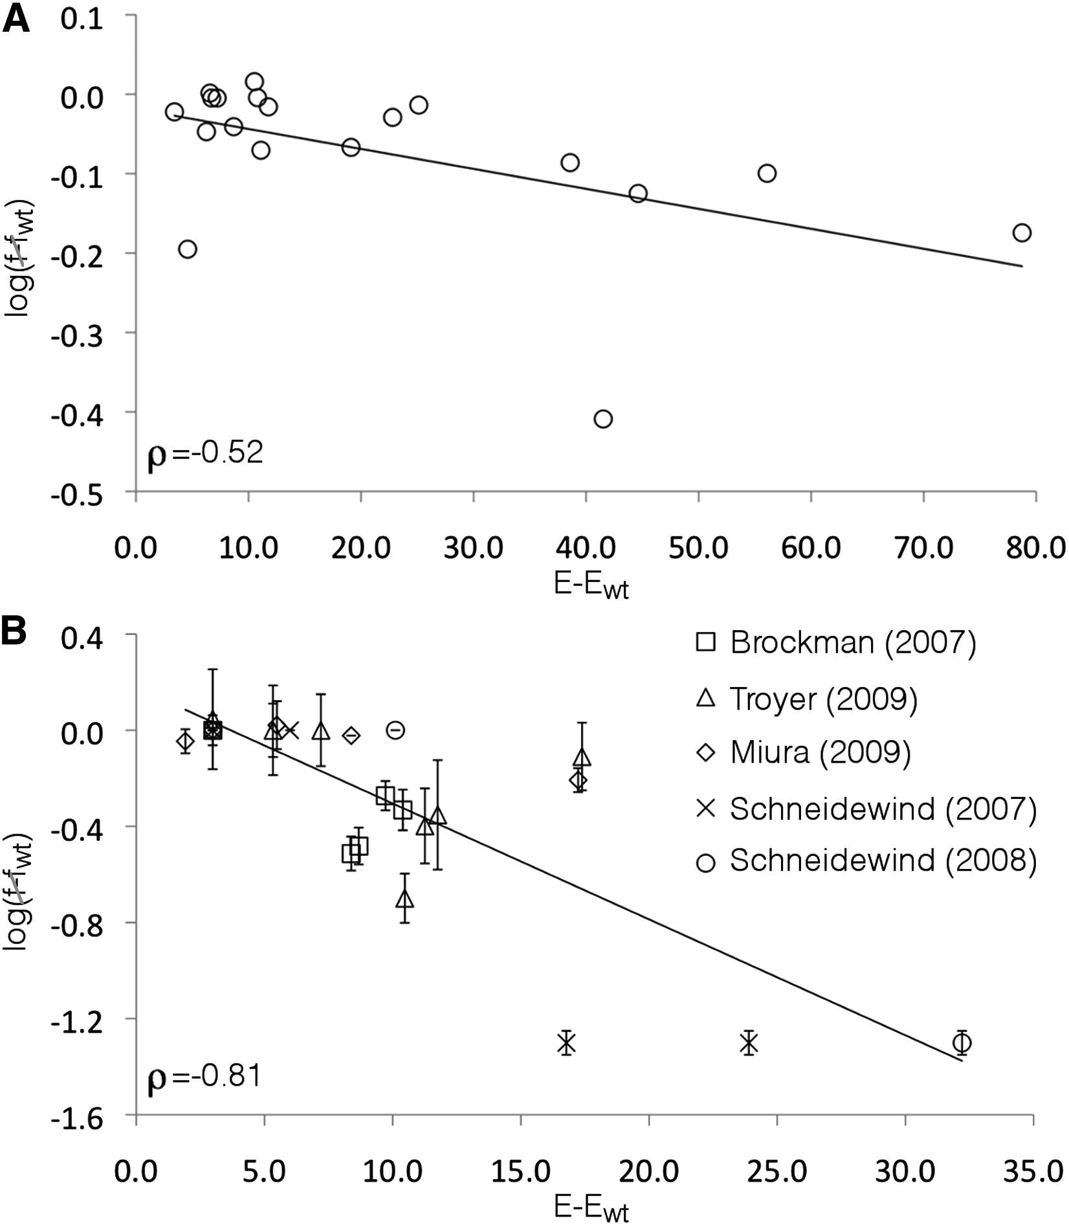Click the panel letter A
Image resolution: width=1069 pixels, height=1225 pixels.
[16, 19]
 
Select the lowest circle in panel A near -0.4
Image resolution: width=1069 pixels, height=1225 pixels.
[602, 419]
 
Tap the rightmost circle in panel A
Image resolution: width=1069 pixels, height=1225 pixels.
[1021, 232]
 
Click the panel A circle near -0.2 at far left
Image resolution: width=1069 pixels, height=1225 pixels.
[187, 249]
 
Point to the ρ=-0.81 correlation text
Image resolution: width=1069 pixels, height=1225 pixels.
[204, 1076]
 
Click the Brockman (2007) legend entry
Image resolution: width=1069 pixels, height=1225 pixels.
[835, 642]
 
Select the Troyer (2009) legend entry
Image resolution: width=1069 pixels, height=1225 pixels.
[806, 699]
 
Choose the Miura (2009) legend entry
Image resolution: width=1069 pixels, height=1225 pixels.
[803, 752]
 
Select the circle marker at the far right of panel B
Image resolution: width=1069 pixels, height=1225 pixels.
[962, 1042]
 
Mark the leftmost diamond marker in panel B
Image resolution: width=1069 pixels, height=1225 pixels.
[185, 741]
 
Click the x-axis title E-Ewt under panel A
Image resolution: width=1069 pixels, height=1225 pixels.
[591, 586]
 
